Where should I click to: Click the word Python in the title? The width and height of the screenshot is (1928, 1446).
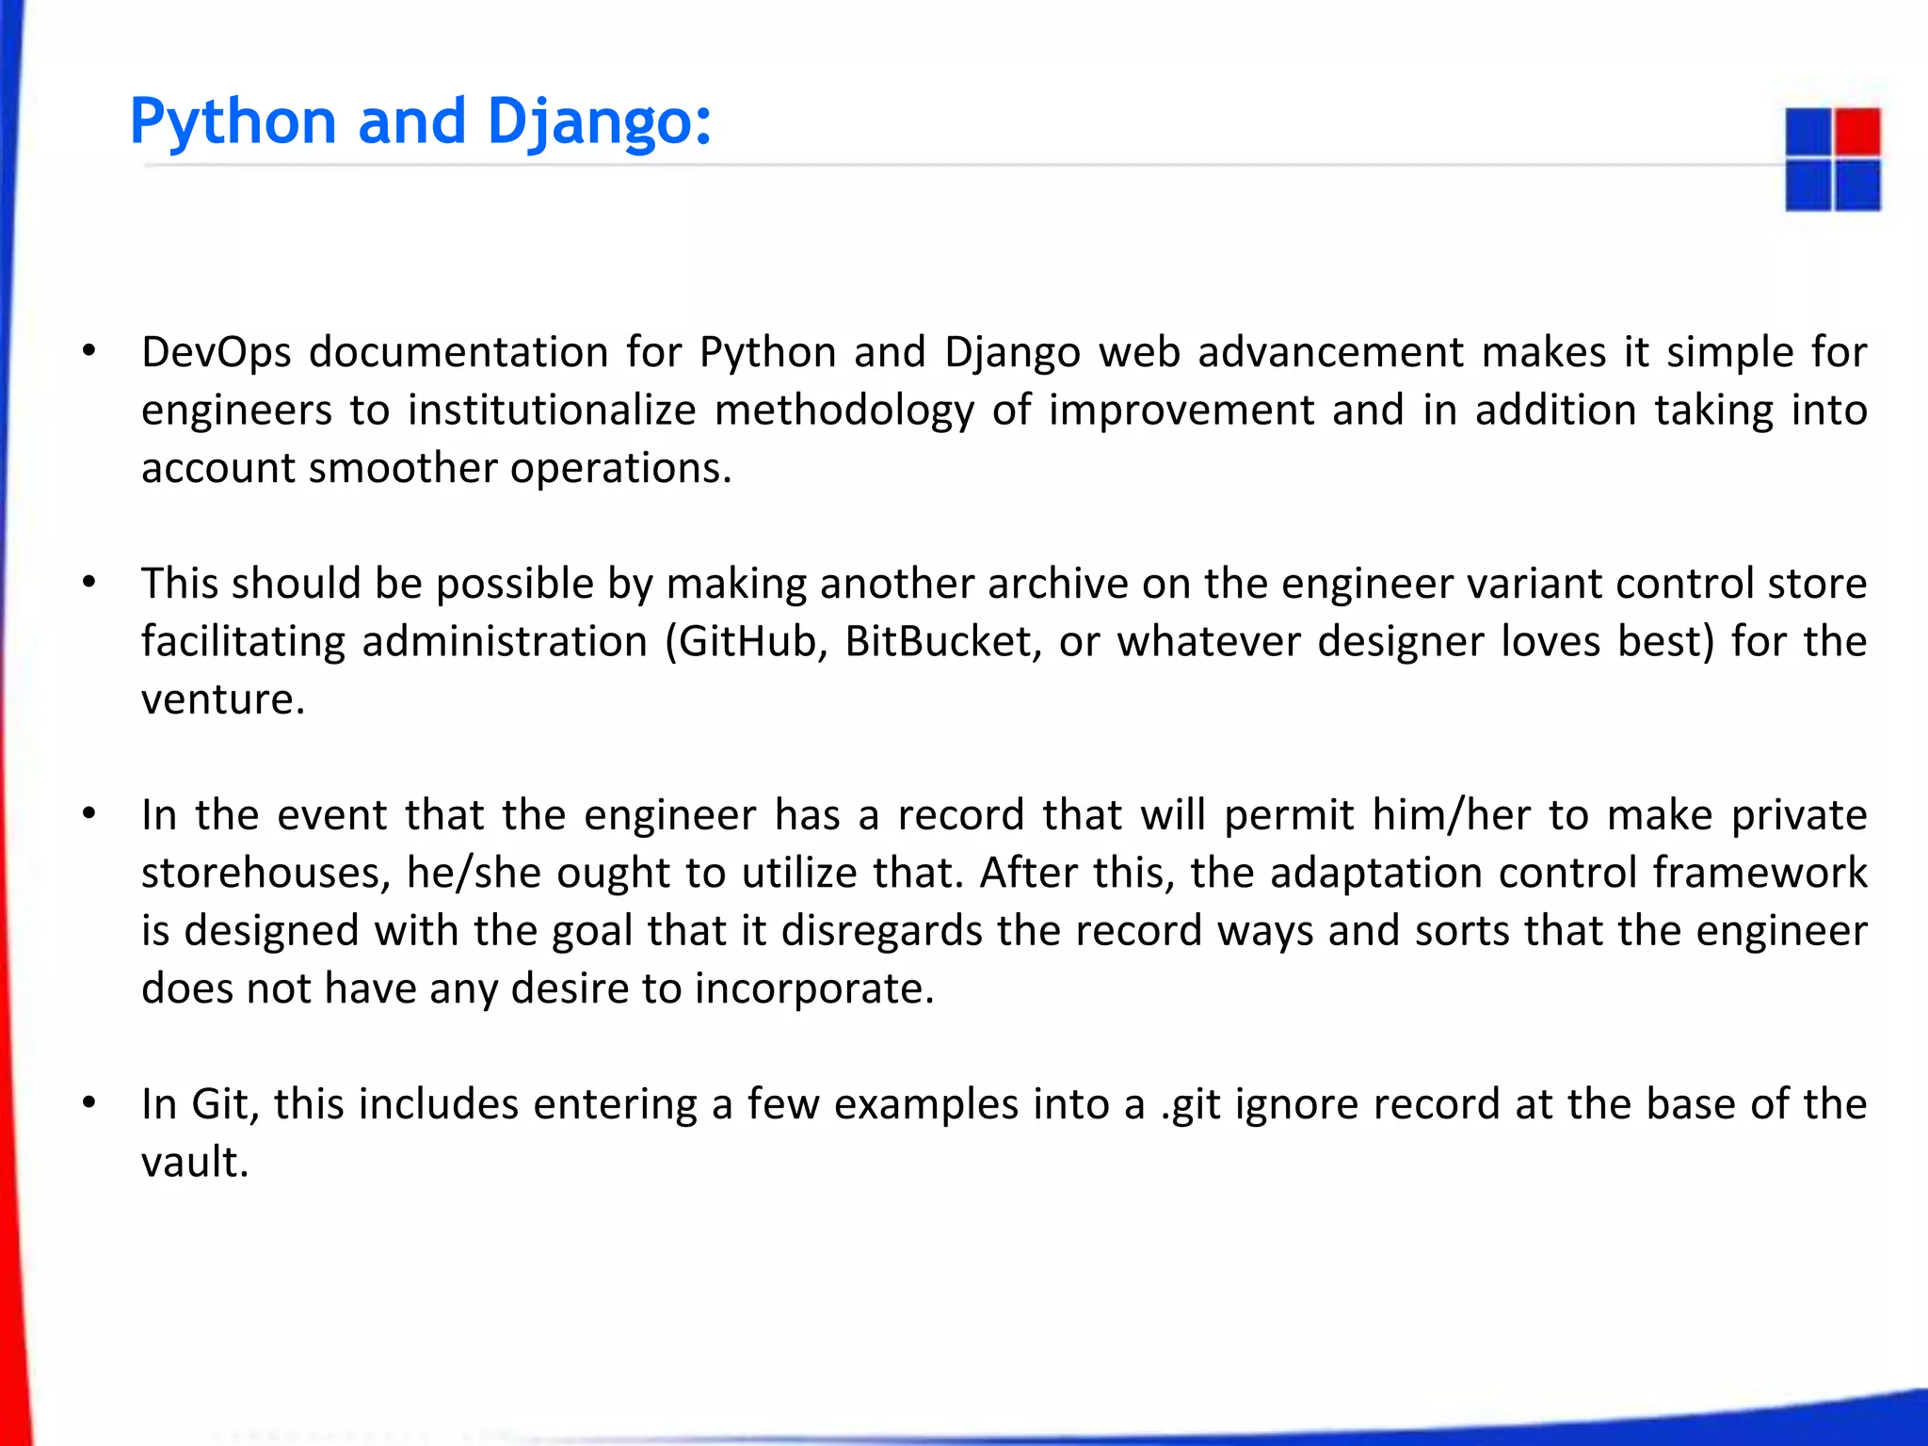click(x=233, y=122)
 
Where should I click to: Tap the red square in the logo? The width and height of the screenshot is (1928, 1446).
click(x=1856, y=132)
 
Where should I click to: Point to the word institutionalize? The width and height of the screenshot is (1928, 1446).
click(x=552, y=410)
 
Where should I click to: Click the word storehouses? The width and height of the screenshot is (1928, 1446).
click(x=260, y=874)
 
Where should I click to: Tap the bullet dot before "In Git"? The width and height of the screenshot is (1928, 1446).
click(x=88, y=1102)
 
